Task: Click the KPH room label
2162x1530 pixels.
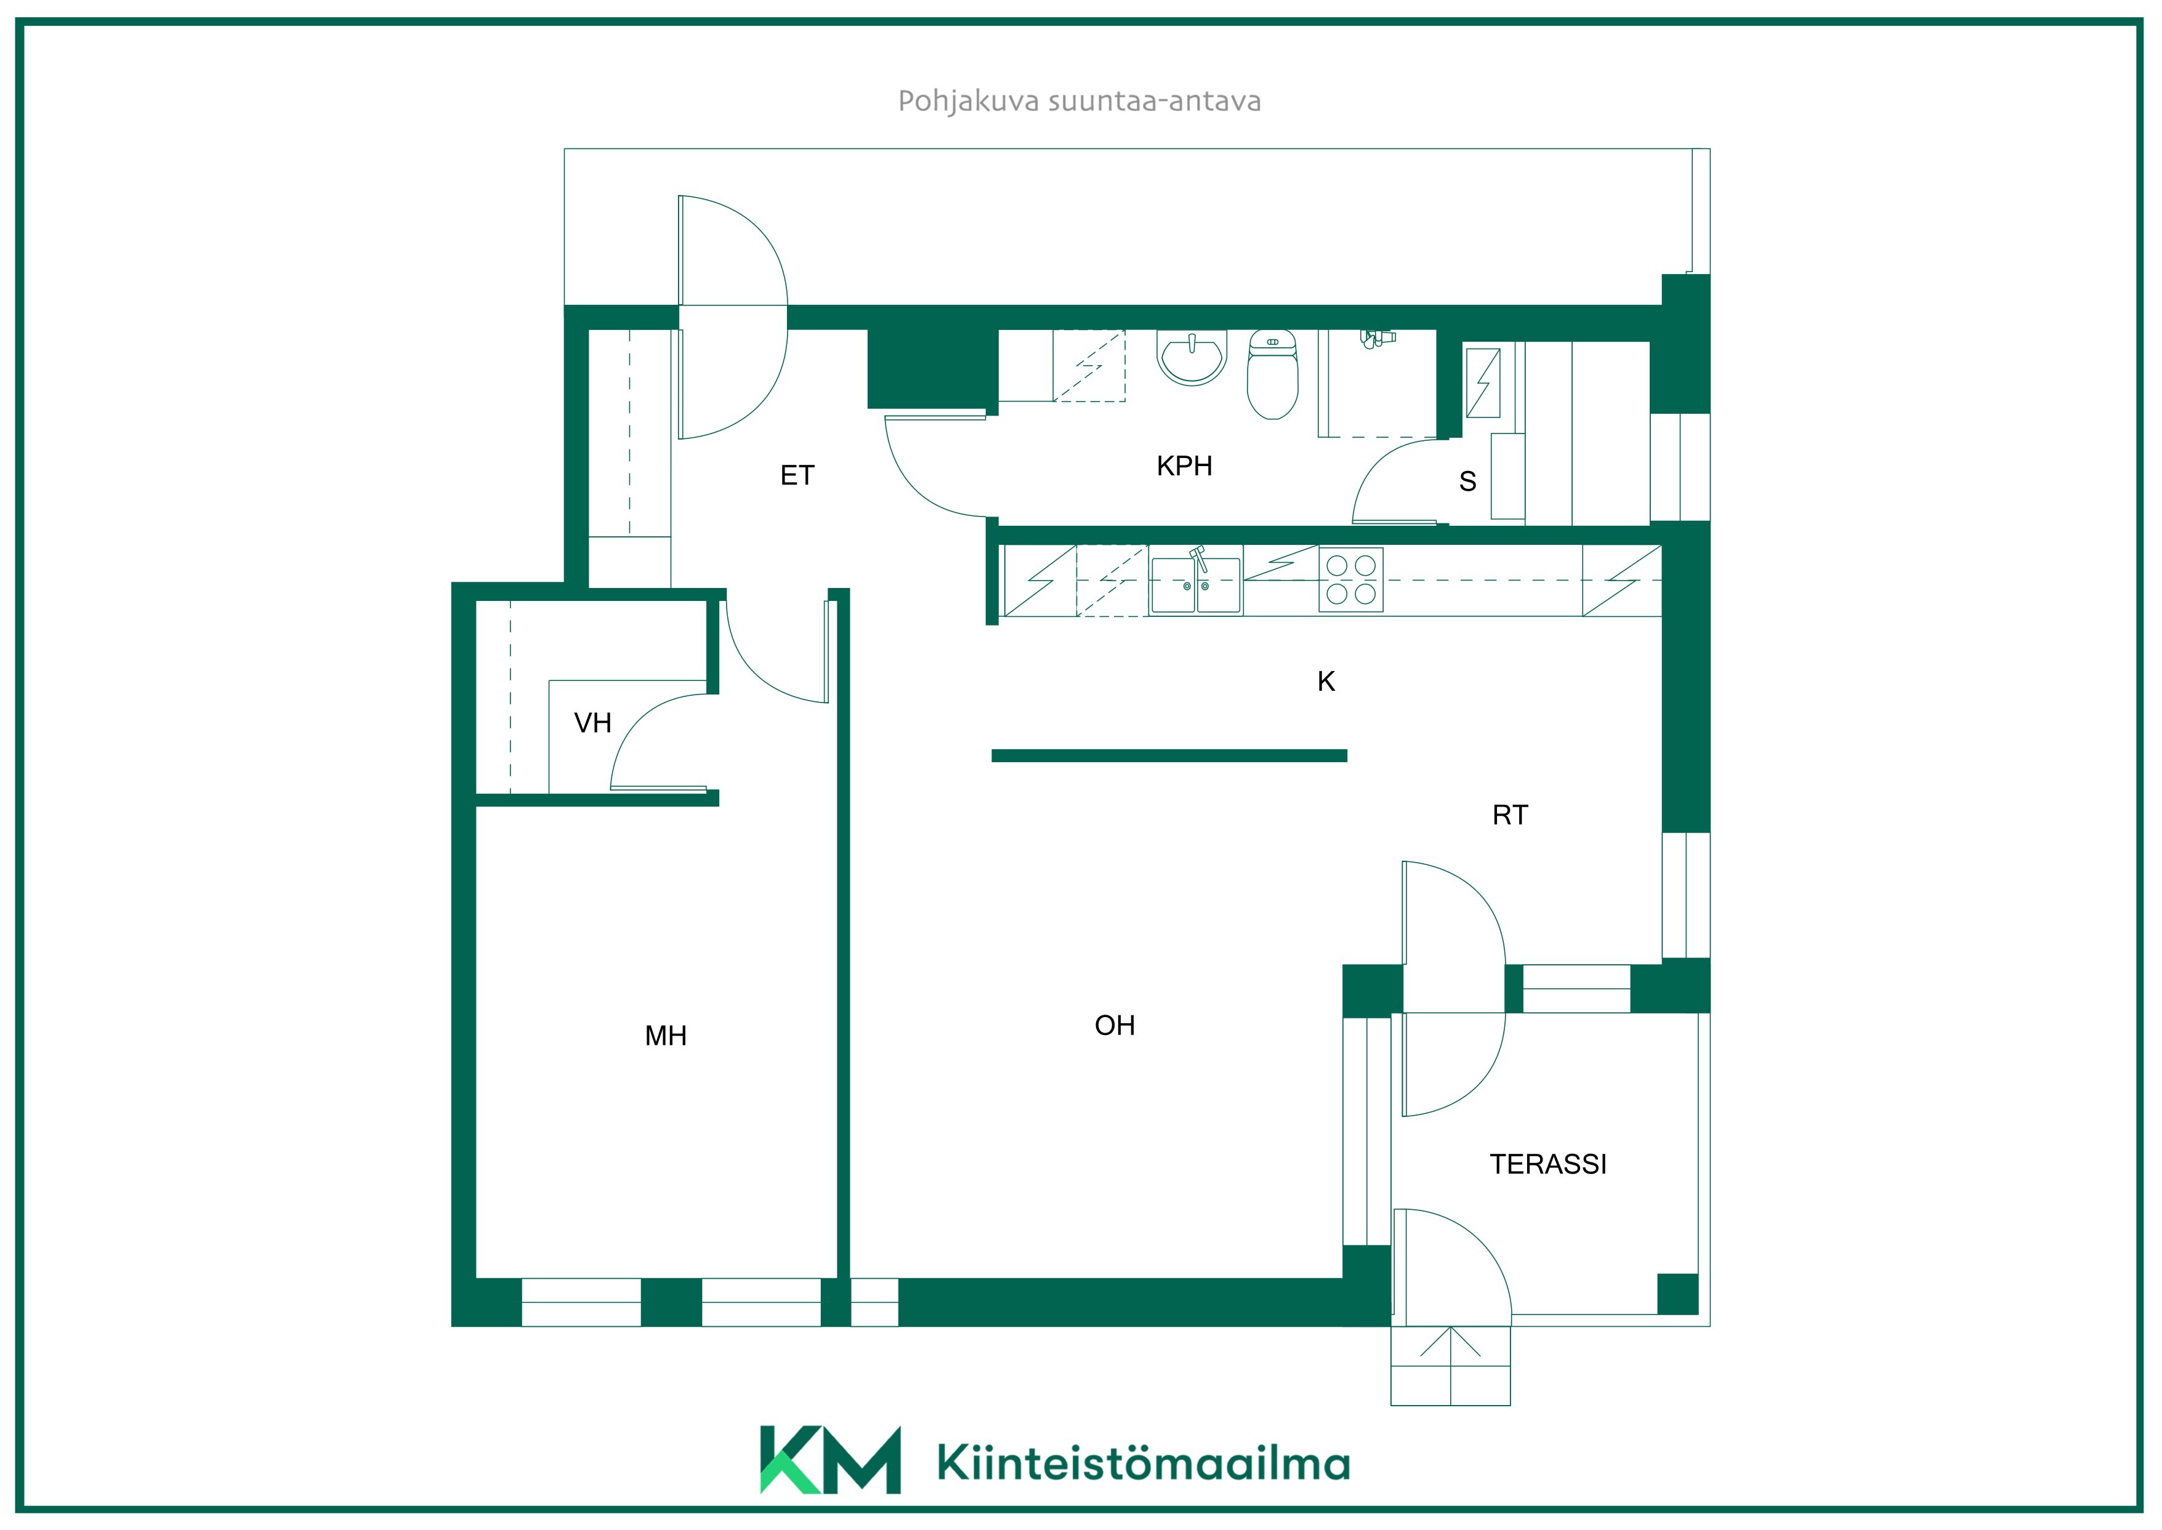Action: coord(1184,465)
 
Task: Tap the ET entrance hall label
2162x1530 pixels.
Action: coord(797,476)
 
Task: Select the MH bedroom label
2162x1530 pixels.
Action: coord(666,1036)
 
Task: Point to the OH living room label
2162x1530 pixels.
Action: coord(1115,1025)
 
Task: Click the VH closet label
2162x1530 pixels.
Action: coord(592,723)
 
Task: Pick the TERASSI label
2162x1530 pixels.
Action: coord(1548,1164)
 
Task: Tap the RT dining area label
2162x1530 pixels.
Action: coord(1510,815)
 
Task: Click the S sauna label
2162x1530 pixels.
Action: coord(1468,481)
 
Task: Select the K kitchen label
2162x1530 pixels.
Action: coord(1326,681)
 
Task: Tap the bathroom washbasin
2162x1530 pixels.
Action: coord(1192,357)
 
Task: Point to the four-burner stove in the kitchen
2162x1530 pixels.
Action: coord(1351,579)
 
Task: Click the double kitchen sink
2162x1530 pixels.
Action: coord(1195,584)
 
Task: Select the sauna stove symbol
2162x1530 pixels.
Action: coord(1483,382)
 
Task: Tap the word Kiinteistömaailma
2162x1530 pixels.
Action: coord(1144,1463)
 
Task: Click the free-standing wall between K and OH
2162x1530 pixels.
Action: coord(1169,755)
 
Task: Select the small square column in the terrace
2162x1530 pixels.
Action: coord(1677,1294)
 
